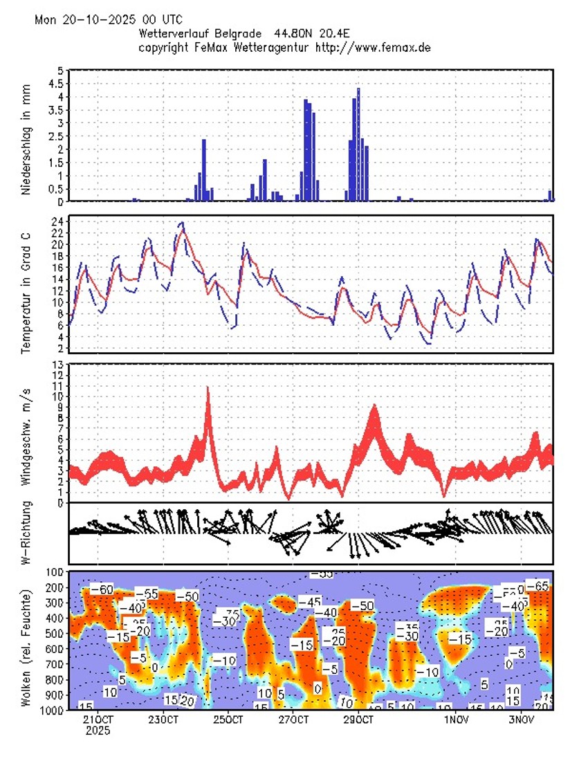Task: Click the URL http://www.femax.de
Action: click(x=373, y=47)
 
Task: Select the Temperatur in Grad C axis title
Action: click(x=26, y=284)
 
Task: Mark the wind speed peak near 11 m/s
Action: click(x=208, y=389)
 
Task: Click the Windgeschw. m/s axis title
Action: click(x=26, y=432)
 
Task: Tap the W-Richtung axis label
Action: click(x=26, y=533)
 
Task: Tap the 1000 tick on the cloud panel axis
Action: click(x=54, y=710)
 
